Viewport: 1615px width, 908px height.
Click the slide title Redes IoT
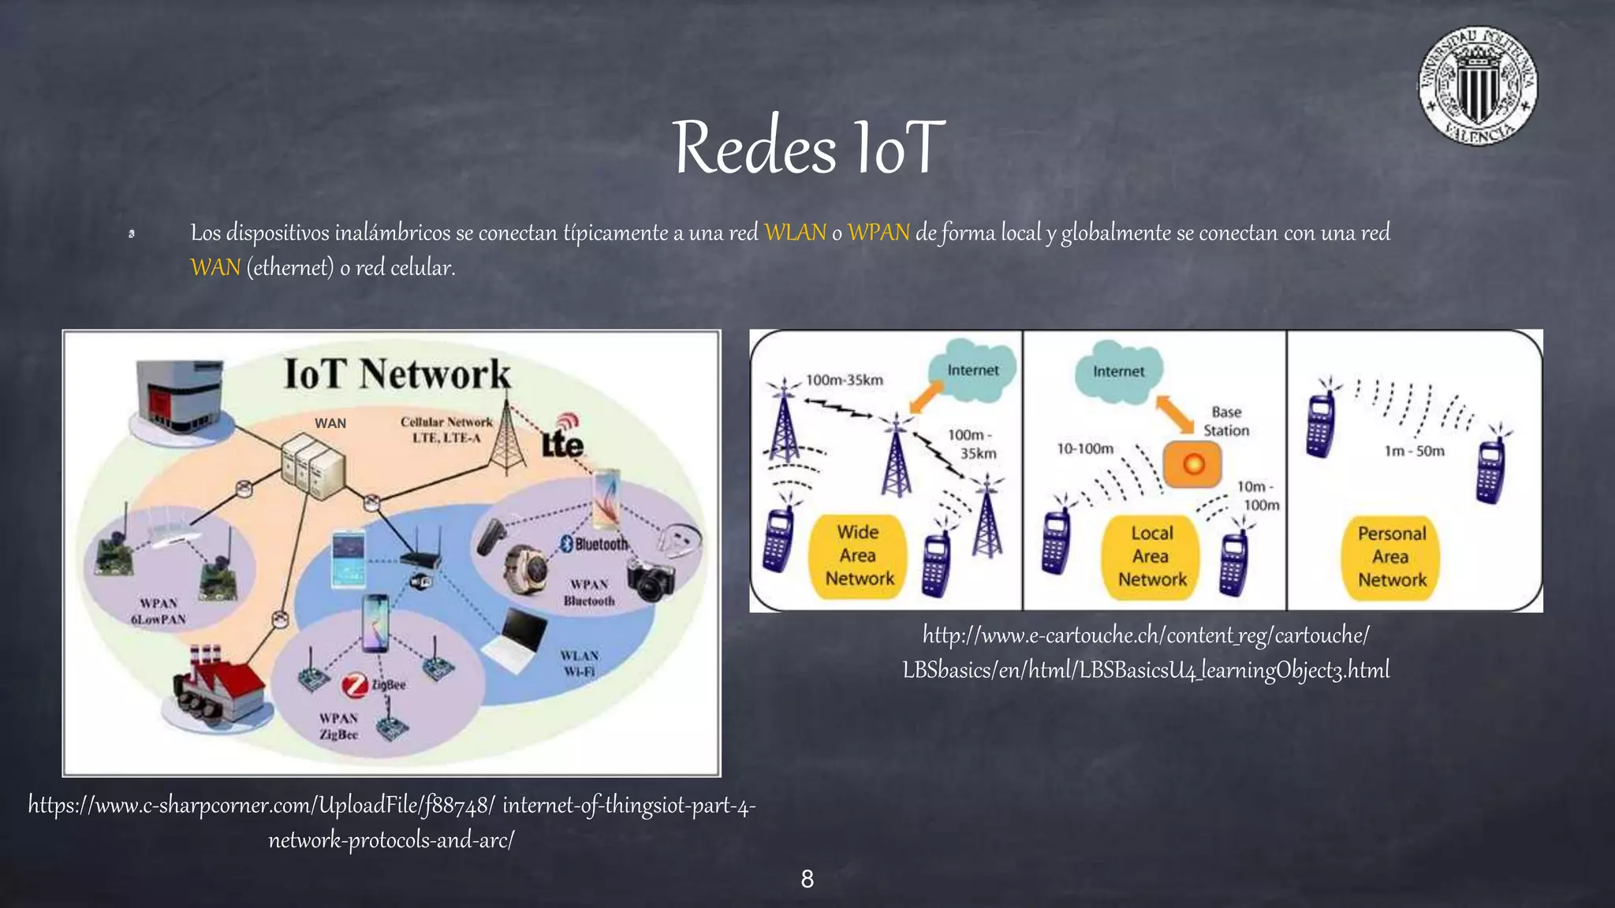click(807, 147)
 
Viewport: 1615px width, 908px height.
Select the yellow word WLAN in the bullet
click(795, 233)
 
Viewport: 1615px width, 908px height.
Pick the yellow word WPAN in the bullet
click(878, 233)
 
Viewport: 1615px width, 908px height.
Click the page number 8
click(807, 879)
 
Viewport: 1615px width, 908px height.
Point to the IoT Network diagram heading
click(397, 374)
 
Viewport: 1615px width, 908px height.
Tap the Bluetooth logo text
click(595, 544)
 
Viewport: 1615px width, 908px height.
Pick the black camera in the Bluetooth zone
click(651, 581)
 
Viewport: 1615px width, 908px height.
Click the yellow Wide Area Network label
click(859, 556)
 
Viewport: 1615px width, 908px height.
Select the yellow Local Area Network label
click(1151, 556)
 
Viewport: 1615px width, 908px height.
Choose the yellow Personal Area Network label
click(1391, 556)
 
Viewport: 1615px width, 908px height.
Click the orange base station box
click(1192, 463)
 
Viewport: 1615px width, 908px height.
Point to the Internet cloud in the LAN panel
click(1117, 370)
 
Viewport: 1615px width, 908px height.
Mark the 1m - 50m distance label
click(1414, 451)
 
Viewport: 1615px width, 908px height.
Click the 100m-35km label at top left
click(844, 380)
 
